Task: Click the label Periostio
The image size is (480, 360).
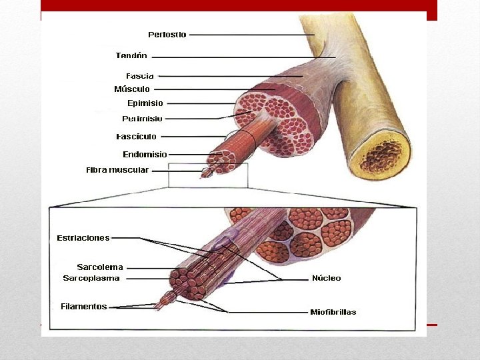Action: (x=167, y=34)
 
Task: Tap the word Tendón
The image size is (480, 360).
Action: (x=131, y=55)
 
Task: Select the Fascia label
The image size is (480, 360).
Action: (x=140, y=75)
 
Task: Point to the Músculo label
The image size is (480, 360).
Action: (x=132, y=89)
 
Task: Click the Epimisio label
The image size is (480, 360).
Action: (x=145, y=103)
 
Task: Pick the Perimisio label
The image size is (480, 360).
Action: (x=142, y=119)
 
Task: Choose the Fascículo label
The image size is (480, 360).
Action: (x=136, y=137)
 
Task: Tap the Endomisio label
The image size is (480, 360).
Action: (x=145, y=155)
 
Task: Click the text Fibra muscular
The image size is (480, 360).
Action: (x=117, y=170)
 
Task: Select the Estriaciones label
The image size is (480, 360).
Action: (x=83, y=237)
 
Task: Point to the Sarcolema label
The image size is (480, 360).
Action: (x=100, y=267)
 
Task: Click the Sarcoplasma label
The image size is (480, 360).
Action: (x=91, y=278)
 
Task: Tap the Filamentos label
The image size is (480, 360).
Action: (x=83, y=307)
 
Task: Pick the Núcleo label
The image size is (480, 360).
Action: (x=326, y=278)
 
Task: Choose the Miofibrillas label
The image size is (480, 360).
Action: (x=333, y=312)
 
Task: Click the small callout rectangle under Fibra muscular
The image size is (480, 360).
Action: (x=208, y=175)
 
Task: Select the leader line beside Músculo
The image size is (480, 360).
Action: (x=213, y=89)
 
